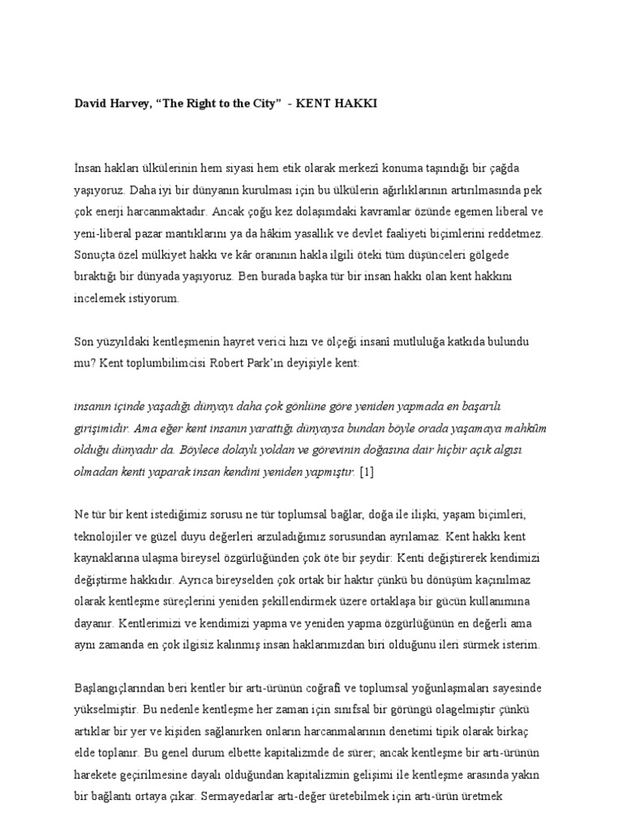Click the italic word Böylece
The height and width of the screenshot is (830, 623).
click(208, 448)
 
